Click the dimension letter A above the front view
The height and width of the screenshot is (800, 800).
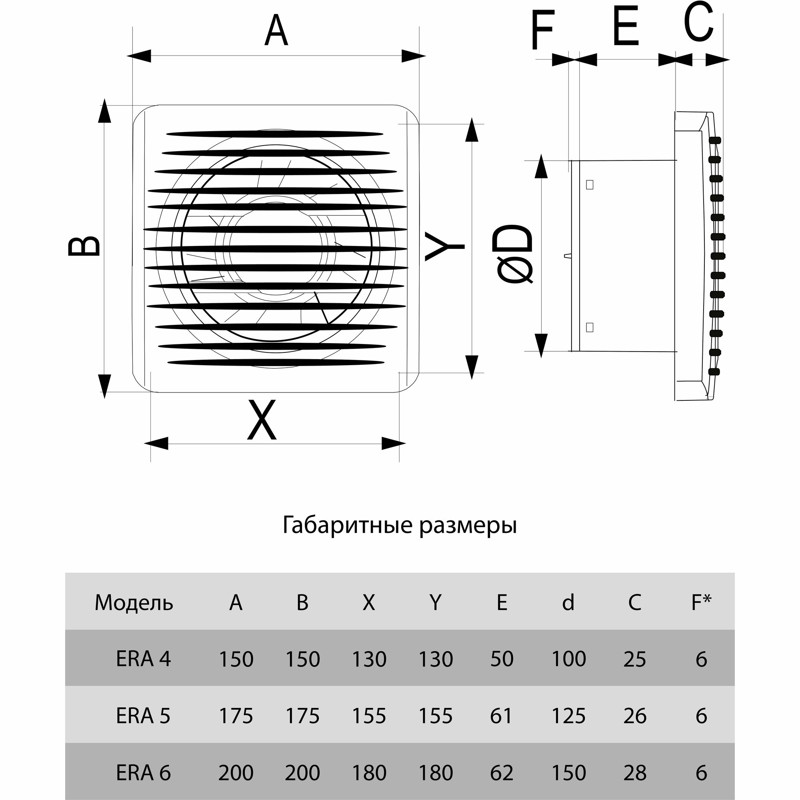point(276,32)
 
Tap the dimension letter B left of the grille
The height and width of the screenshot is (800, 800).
point(84,246)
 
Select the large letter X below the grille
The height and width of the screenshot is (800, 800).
point(262,419)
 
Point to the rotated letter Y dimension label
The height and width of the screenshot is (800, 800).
point(445,247)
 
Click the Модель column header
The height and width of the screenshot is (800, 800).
point(134,602)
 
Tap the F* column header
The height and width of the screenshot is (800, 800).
point(701,602)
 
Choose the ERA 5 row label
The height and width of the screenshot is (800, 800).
point(143,716)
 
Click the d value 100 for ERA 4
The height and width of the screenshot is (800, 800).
point(568,659)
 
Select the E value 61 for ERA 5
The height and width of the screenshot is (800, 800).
point(501,716)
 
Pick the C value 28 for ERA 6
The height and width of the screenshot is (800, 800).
point(634,772)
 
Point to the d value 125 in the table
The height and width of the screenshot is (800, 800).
point(568,716)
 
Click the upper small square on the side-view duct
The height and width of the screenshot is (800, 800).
point(590,185)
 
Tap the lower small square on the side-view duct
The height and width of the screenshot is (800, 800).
point(590,327)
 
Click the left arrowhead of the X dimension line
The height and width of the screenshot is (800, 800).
point(156,444)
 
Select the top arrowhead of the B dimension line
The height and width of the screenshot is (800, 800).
point(105,111)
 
